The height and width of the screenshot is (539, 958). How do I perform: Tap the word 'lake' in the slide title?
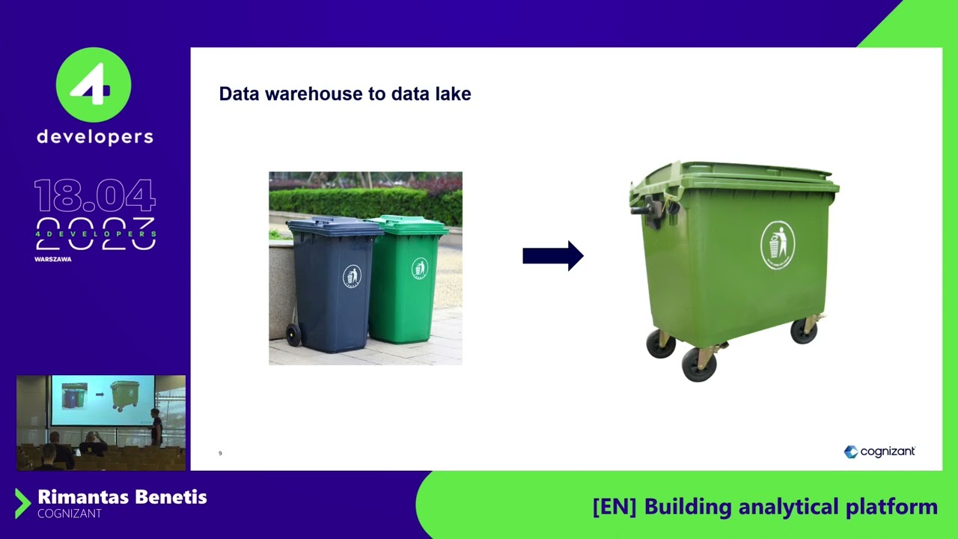pos(454,94)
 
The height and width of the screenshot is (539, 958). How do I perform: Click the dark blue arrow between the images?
pos(552,256)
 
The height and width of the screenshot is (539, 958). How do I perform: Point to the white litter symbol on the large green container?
pos(777,245)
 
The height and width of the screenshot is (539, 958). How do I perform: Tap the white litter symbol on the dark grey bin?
pos(352,276)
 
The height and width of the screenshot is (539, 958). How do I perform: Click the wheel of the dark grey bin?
pos(293,335)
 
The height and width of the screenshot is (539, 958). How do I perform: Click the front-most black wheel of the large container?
pos(699,365)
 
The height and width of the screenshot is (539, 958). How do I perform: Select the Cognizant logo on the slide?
pos(879,451)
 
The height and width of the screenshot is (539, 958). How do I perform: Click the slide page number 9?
pos(220,453)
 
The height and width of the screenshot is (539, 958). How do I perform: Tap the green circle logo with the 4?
pos(94,85)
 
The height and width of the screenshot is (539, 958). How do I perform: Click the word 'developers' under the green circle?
pos(95,137)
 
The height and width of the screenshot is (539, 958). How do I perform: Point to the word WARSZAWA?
pos(52,259)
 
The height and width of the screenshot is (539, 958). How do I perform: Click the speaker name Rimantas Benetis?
pos(122,497)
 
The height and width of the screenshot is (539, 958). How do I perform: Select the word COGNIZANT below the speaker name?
pos(69,514)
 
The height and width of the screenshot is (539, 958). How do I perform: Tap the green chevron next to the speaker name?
pos(22,504)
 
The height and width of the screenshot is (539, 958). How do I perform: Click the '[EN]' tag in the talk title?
pos(614,507)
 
